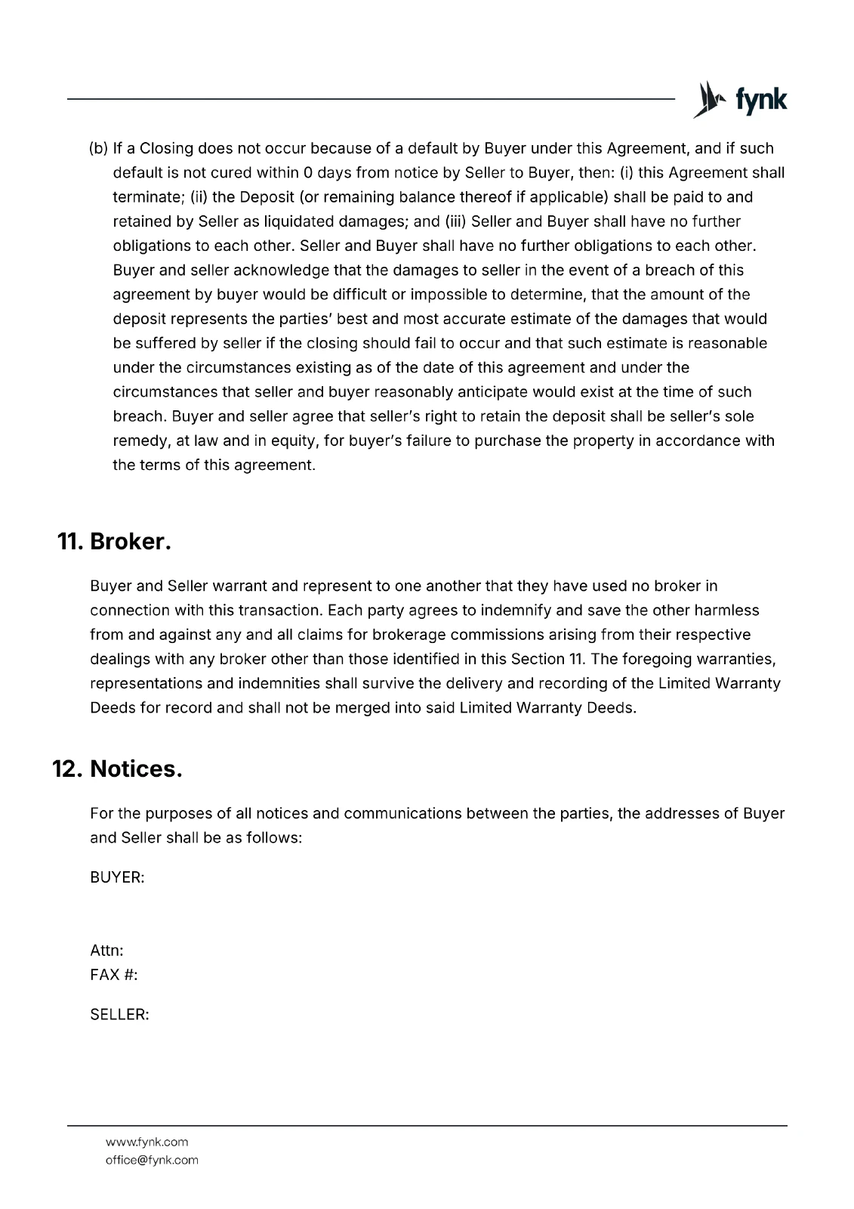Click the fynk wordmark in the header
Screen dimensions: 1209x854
[760, 100]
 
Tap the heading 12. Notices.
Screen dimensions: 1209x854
[118, 769]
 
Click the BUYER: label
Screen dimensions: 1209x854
[117, 878]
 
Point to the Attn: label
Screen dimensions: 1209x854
[106, 951]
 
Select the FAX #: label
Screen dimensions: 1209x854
[113, 975]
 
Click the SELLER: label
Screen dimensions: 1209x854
[119, 1015]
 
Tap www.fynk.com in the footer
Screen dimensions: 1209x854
[146, 1142]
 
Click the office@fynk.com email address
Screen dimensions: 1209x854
[152, 1160]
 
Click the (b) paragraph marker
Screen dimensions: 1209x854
[99, 148]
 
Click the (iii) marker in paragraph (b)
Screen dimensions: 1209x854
[455, 221]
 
